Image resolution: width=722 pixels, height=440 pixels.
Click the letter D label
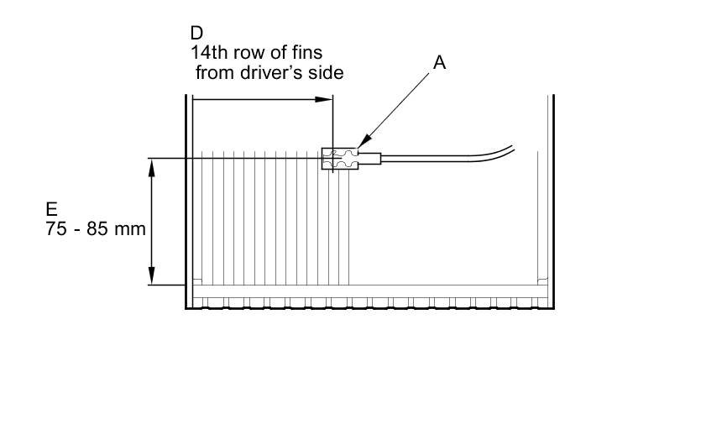pos(196,34)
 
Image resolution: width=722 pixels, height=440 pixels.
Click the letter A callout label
pos(439,62)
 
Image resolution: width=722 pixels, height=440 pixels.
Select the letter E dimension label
pos(52,209)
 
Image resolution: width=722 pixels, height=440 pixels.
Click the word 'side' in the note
pos(327,72)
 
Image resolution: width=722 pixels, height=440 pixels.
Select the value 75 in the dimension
pos(57,228)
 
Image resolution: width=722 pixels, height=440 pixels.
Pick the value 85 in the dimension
pos(97,228)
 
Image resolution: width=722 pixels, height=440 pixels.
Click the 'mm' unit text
pos(130,228)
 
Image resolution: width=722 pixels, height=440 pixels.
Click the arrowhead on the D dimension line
pos(326,99)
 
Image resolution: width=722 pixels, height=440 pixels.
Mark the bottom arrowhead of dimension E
pos(151,276)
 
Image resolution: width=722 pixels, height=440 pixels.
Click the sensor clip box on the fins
pos(338,159)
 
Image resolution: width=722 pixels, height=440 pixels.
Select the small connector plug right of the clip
pos(369,159)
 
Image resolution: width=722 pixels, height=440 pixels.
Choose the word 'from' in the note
pos(214,72)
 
